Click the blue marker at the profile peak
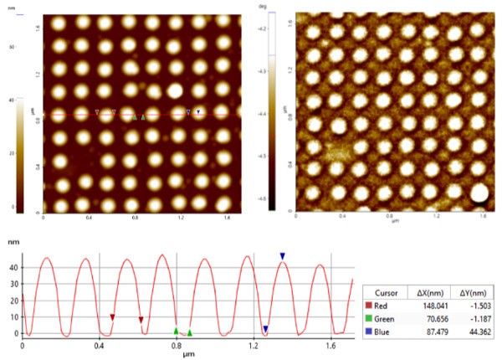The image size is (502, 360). (283, 256)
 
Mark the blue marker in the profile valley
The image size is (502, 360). (265, 329)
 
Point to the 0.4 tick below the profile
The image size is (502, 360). (100, 345)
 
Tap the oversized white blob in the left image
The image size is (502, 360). (176, 90)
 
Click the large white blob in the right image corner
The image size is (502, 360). (479, 194)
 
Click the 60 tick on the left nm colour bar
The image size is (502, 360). (12, 48)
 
